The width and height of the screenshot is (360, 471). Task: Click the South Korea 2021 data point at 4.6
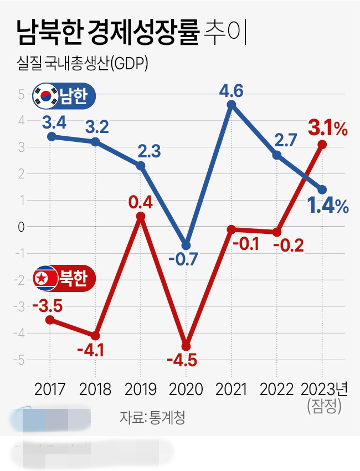pos(232,105)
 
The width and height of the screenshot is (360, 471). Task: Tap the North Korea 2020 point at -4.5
pos(186,346)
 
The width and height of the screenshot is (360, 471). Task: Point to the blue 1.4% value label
pos(328,206)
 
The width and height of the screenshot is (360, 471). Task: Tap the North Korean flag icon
pos(45,278)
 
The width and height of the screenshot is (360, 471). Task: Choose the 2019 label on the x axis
pos(141,389)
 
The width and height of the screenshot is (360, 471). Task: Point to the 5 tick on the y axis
pos(20,94)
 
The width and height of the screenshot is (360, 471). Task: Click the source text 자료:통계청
pos(152,417)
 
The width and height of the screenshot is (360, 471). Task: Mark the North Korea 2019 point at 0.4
pos(141,216)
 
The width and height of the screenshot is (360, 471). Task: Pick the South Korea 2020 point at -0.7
pos(186,245)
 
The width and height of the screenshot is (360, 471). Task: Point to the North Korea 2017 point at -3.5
pos(50,320)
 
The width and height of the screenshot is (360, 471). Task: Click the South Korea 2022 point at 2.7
pos(277,155)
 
